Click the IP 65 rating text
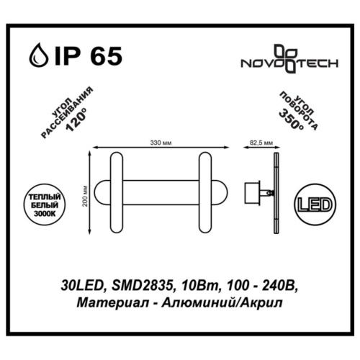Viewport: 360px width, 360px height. (85, 55)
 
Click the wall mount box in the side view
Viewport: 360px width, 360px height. (253, 192)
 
